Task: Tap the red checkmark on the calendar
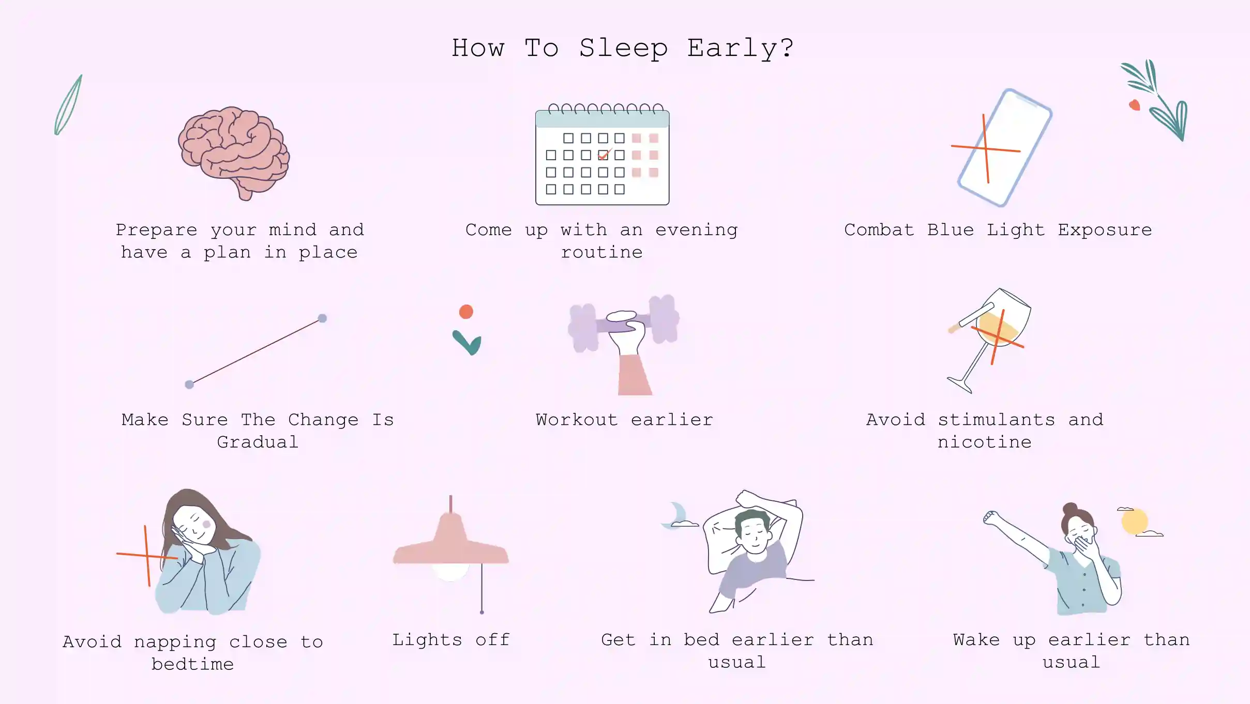[x=604, y=155]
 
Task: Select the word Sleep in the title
[x=623, y=49]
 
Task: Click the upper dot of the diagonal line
[x=322, y=318]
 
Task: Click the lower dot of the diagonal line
[x=189, y=385]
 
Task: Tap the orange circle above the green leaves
[x=466, y=312]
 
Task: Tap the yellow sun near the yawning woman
[x=1135, y=521]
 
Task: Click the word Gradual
[x=258, y=442]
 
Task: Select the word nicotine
[x=984, y=442]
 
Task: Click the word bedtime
[x=192, y=664]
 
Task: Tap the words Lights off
[x=450, y=640]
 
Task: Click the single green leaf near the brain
[x=68, y=105]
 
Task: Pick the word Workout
[x=576, y=420]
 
